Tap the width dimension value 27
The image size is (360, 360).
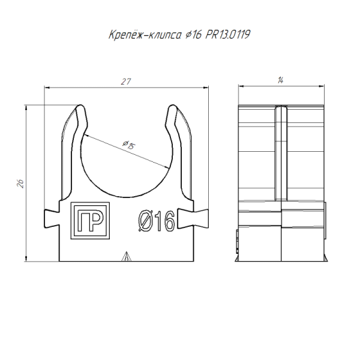126,82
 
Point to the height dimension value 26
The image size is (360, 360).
20,184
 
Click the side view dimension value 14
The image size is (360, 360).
281,82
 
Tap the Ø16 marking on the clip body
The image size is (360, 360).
155,221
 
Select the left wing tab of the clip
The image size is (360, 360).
52,218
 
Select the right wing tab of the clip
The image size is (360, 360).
199,218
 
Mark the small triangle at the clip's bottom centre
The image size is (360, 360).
126,257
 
